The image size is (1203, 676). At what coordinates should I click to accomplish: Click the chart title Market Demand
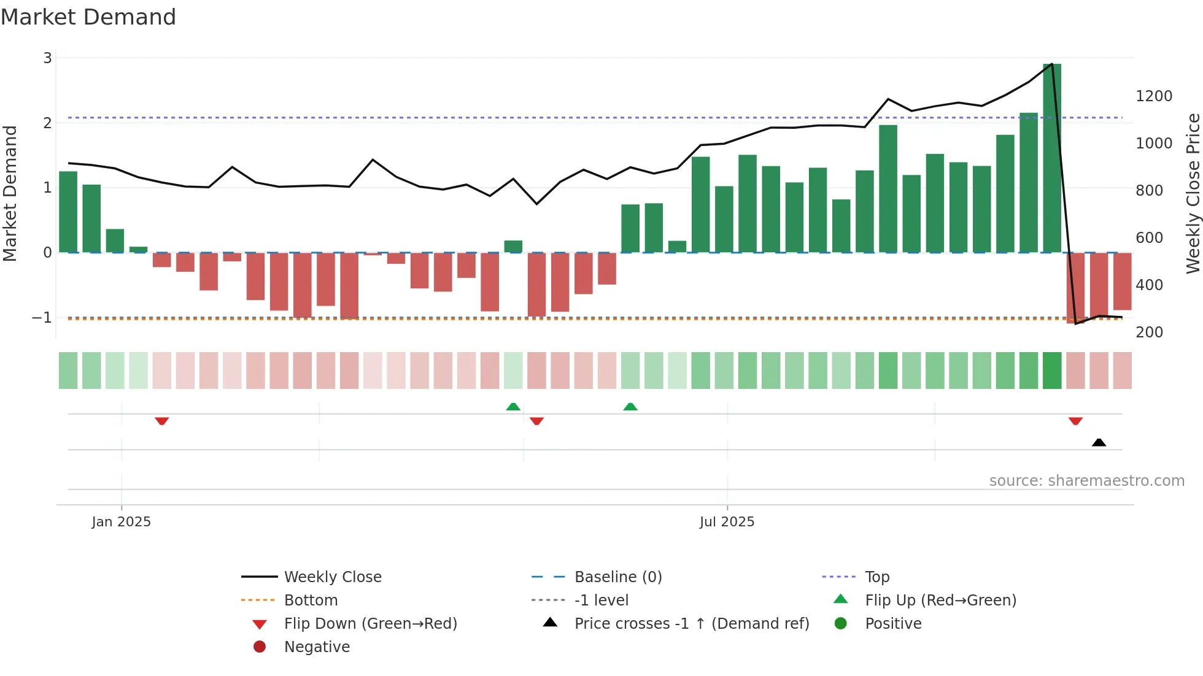pyautogui.click(x=88, y=17)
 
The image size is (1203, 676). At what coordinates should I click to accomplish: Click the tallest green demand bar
pyautogui.click(x=1051, y=158)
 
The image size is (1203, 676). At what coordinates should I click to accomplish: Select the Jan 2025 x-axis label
pyautogui.click(x=121, y=522)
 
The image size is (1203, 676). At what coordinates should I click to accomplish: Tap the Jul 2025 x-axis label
pyautogui.click(x=727, y=522)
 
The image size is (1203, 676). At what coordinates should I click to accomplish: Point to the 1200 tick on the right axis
pyautogui.click(x=1153, y=96)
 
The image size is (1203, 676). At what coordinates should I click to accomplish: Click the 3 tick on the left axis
pyautogui.click(x=47, y=58)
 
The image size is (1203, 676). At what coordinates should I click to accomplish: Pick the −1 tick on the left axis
pyautogui.click(x=42, y=318)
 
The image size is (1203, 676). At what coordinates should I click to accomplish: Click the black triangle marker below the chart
pyautogui.click(x=1099, y=442)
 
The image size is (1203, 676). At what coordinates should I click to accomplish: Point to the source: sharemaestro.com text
pyautogui.click(x=1086, y=481)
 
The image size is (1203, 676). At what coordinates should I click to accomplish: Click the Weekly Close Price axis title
pyautogui.click(x=1193, y=193)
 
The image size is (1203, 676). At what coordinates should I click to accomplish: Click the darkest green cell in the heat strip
pyautogui.click(x=1051, y=371)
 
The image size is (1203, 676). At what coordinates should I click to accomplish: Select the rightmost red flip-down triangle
pyautogui.click(x=1075, y=421)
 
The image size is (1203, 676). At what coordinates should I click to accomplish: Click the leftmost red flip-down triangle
pyautogui.click(x=161, y=421)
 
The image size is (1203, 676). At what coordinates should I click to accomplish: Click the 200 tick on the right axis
pyautogui.click(x=1148, y=332)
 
